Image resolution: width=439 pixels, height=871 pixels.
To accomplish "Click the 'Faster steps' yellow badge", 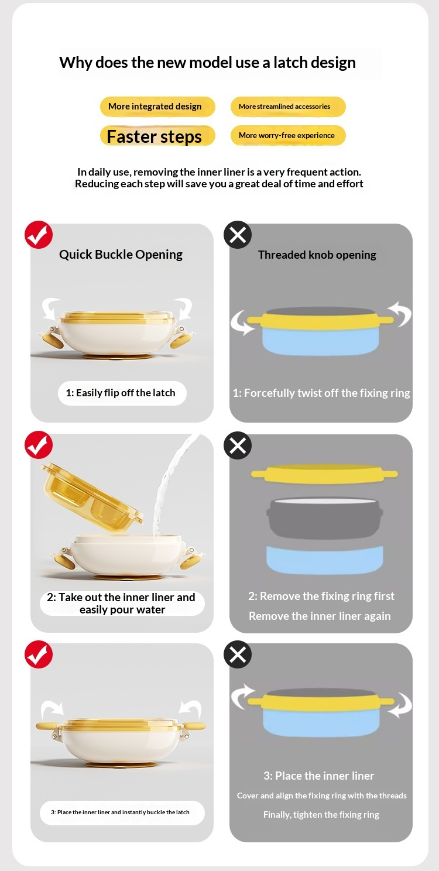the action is point(157,136).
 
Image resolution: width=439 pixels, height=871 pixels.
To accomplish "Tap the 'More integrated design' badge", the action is point(157,107).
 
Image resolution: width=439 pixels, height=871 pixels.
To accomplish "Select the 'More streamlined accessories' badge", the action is point(288,107).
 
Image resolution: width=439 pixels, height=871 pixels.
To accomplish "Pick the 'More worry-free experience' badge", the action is point(288,135).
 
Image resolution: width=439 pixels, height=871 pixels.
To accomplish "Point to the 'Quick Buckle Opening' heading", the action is point(121,254).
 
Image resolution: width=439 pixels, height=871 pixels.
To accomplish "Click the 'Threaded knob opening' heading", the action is point(317,255).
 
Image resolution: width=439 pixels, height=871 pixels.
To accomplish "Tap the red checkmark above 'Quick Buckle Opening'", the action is point(39,235).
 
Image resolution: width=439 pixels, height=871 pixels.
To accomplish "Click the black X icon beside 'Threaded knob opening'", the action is point(238,235).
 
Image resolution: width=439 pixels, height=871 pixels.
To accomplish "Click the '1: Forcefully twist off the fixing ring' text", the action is point(321,393).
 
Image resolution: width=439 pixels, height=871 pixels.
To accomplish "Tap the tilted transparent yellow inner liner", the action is point(92,497).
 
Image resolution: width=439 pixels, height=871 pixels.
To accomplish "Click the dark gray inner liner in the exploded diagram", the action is point(325,518).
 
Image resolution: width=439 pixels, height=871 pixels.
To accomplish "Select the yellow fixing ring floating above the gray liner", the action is point(324,474).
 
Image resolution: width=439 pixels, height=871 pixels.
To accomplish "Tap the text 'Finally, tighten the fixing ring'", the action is point(321,815).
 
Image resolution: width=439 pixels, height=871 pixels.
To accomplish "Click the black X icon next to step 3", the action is point(238,654).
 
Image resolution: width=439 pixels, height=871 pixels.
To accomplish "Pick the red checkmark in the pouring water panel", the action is point(39,445).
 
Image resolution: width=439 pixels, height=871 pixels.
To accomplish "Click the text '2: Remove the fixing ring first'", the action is point(321,596).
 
